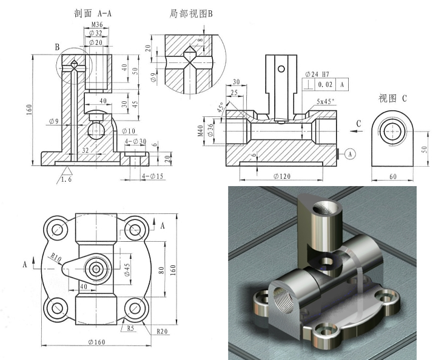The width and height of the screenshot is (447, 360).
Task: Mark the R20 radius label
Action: point(161,331)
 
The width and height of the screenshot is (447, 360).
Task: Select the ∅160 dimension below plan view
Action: point(96,342)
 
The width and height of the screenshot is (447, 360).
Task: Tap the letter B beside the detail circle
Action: point(56,47)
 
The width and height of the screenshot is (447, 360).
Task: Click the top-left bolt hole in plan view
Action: point(59,230)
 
